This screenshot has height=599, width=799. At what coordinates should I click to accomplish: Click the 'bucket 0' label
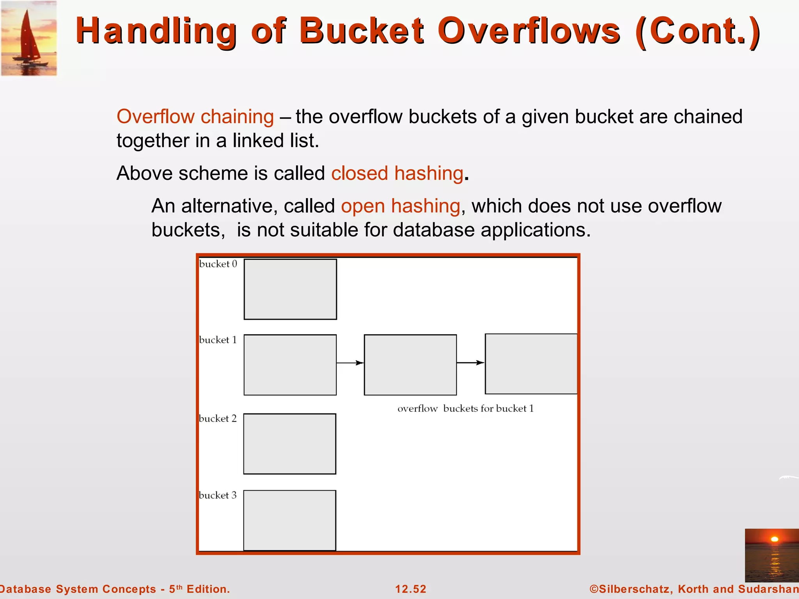coord(218,264)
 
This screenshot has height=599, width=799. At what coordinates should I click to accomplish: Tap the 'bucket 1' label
coord(218,340)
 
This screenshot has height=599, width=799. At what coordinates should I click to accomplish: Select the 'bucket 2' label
coord(218,419)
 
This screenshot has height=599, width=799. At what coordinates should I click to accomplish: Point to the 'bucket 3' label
coord(218,495)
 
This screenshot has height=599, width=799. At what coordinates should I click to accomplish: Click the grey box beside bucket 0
coord(290,289)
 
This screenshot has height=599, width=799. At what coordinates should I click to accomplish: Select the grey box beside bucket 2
coord(289,444)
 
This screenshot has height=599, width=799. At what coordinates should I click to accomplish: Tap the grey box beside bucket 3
coord(289,520)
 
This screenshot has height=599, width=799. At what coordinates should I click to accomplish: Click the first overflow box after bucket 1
coord(410,365)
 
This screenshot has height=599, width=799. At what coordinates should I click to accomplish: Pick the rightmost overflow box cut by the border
coord(531,363)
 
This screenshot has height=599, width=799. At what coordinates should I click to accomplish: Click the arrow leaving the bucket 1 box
coord(350,363)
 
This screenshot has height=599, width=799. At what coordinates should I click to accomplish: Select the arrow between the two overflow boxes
coord(471,363)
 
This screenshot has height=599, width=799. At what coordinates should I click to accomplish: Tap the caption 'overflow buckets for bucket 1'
coord(465,409)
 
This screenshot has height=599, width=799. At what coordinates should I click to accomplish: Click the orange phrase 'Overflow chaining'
coord(195,117)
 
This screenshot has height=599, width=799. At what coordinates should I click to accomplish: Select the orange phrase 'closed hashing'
coord(397,173)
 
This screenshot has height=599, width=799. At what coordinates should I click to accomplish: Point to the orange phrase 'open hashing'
coord(400,206)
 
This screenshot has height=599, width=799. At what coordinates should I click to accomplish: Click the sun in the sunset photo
coord(774,539)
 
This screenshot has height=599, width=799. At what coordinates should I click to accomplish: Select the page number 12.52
coord(410,589)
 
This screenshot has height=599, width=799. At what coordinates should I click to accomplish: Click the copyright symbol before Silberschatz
coord(594,589)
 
